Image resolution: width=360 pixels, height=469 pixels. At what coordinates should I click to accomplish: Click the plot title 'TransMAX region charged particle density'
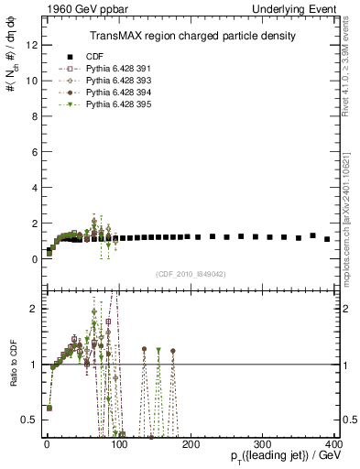[x=191, y=36]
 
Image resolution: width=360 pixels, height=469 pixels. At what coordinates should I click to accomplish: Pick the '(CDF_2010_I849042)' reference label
[x=191, y=273]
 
